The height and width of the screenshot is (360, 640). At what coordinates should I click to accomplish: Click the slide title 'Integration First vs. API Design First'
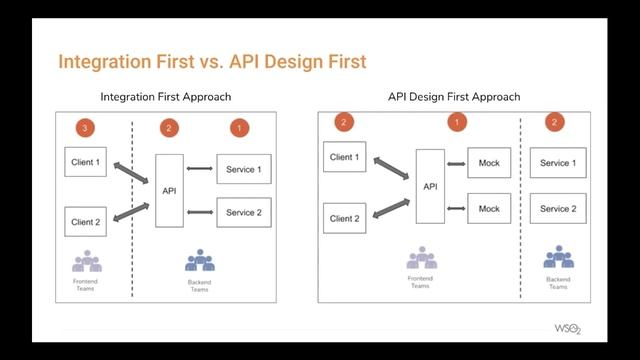coord(212,62)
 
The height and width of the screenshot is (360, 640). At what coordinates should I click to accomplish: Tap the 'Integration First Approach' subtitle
coord(166,97)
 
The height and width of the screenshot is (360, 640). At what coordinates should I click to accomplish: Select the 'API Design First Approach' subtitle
coord(454,97)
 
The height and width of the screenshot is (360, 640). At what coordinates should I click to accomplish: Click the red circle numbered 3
coord(87,128)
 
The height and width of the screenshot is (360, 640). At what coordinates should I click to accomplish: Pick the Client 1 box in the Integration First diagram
coord(85,161)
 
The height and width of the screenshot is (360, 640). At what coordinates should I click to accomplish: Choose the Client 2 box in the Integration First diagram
coord(85,221)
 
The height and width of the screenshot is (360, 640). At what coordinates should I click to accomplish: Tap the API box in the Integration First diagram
coord(168,190)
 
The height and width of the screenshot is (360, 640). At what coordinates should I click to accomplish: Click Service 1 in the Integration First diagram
coord(244,169)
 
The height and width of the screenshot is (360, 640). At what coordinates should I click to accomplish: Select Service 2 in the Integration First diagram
coord(244,212)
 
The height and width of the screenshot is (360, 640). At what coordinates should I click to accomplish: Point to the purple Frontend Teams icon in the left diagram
coord(87,262)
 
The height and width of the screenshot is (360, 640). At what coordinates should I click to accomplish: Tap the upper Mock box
coord(489,163)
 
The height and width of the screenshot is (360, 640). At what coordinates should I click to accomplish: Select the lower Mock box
coord(489,208)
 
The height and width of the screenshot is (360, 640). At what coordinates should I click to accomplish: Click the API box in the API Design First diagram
coord(430,186)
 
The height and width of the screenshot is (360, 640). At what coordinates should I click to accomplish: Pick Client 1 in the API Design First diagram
coord(346,158)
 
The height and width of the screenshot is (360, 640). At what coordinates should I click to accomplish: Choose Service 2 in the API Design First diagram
coord(558,209)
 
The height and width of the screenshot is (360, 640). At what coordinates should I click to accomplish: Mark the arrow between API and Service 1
coord(200,168)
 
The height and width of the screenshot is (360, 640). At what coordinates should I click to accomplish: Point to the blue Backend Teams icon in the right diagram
coord(558,258)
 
